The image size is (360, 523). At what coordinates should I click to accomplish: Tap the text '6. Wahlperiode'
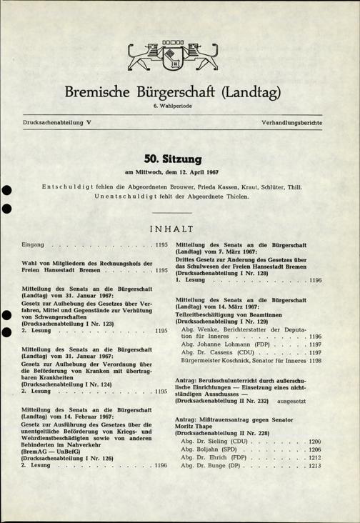coord(179,107)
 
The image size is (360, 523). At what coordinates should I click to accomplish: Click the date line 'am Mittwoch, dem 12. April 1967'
coord(179,171)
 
